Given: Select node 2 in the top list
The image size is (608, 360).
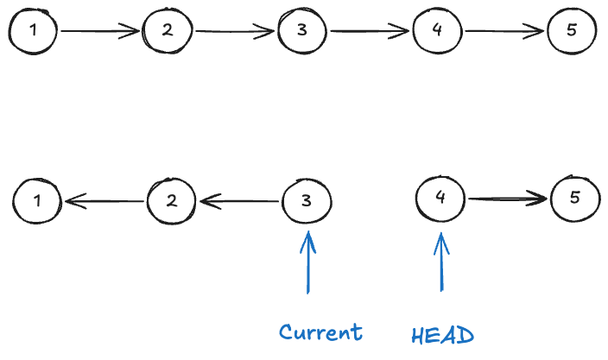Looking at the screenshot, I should click(x=168, y=31).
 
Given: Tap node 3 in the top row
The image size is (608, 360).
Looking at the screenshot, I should click(x=302, y=31).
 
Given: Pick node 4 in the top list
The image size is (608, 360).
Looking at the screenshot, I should click(x=437, y=31).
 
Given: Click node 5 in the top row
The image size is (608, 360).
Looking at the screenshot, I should click(x=572, y=31).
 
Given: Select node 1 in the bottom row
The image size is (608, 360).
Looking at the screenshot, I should click(x=37, y=201).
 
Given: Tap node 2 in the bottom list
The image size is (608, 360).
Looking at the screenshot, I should click(x=172, y=201).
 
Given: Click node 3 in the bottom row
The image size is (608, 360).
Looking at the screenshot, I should click(x=307, y=201).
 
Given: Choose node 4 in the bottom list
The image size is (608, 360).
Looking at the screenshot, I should click(x=440, y=198).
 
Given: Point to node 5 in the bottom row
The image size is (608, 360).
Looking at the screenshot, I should click(x=575, y=198).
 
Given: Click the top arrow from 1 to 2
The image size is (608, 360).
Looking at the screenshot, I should click(x=100, y=32).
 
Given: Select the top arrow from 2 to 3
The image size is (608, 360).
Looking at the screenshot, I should click(x=235, y=33).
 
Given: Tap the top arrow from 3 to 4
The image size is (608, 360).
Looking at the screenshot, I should click(x=370, y=32).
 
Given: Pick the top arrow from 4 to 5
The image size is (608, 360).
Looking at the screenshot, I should click(x=504, y=32).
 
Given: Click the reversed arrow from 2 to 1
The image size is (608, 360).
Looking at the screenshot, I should click(x=104, y=202).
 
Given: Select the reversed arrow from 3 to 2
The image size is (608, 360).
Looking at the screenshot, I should click(x=239, y=202).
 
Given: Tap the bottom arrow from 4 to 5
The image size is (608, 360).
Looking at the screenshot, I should click(x=508, y=199).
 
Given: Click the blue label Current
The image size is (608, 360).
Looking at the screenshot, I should click(x=320, y=332).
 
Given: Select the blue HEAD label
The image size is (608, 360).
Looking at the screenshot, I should click(x=442, y=334).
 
